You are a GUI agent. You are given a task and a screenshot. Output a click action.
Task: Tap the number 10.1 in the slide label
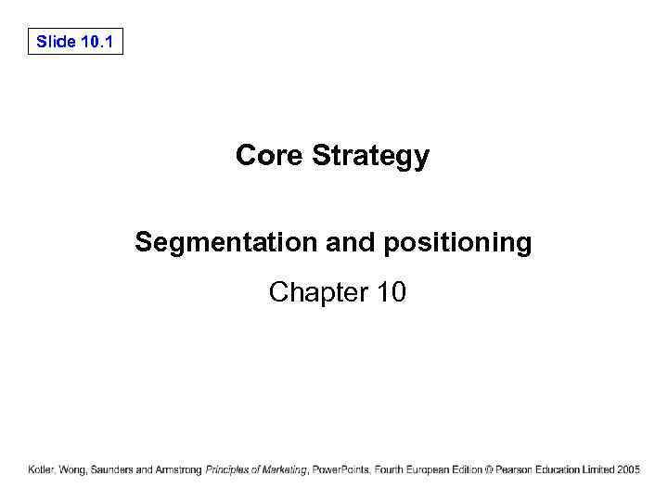pos(97,42)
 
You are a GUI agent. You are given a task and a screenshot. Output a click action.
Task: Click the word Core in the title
pos(270,155)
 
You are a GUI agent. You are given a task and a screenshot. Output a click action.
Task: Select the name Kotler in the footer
pos(43,470)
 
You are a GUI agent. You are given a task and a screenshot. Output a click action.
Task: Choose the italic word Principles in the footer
pos(229,470)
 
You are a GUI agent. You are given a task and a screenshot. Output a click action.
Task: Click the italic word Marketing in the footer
pos(285,470)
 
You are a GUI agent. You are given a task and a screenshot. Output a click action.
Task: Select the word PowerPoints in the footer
pos(340,470)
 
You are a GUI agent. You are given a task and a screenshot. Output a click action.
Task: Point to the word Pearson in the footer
pos(514,470)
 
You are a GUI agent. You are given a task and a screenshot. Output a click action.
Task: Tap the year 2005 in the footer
pos(628,470)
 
